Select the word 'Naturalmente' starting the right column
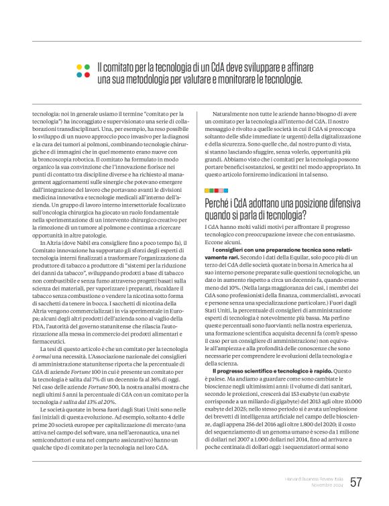click(232, 115)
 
